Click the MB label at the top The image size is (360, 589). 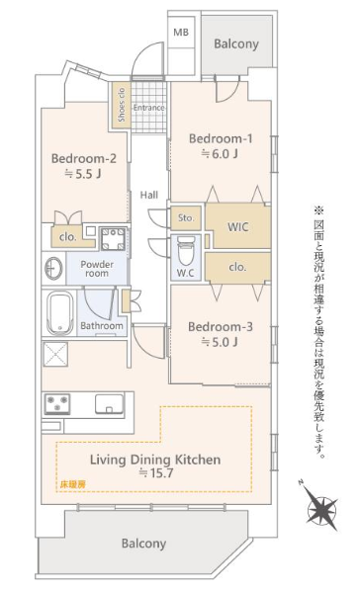181,33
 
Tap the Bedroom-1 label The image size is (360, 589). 221,138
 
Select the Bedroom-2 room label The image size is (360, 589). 84,158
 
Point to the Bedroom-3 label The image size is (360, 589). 221,326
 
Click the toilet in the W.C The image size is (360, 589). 186,251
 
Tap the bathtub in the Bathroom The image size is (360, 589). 60,313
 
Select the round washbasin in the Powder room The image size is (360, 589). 53,268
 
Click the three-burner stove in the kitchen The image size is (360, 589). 57,404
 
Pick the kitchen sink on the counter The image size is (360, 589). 110,404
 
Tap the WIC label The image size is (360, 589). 238,227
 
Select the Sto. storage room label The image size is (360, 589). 186,217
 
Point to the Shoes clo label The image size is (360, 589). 121,105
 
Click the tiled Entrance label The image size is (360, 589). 148,108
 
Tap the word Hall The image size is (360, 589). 149,195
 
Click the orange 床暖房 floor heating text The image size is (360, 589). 73,484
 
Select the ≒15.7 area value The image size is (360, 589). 156,472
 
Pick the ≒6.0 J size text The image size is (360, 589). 220,153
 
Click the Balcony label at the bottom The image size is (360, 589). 143,544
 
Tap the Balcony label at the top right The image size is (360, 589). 236,43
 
